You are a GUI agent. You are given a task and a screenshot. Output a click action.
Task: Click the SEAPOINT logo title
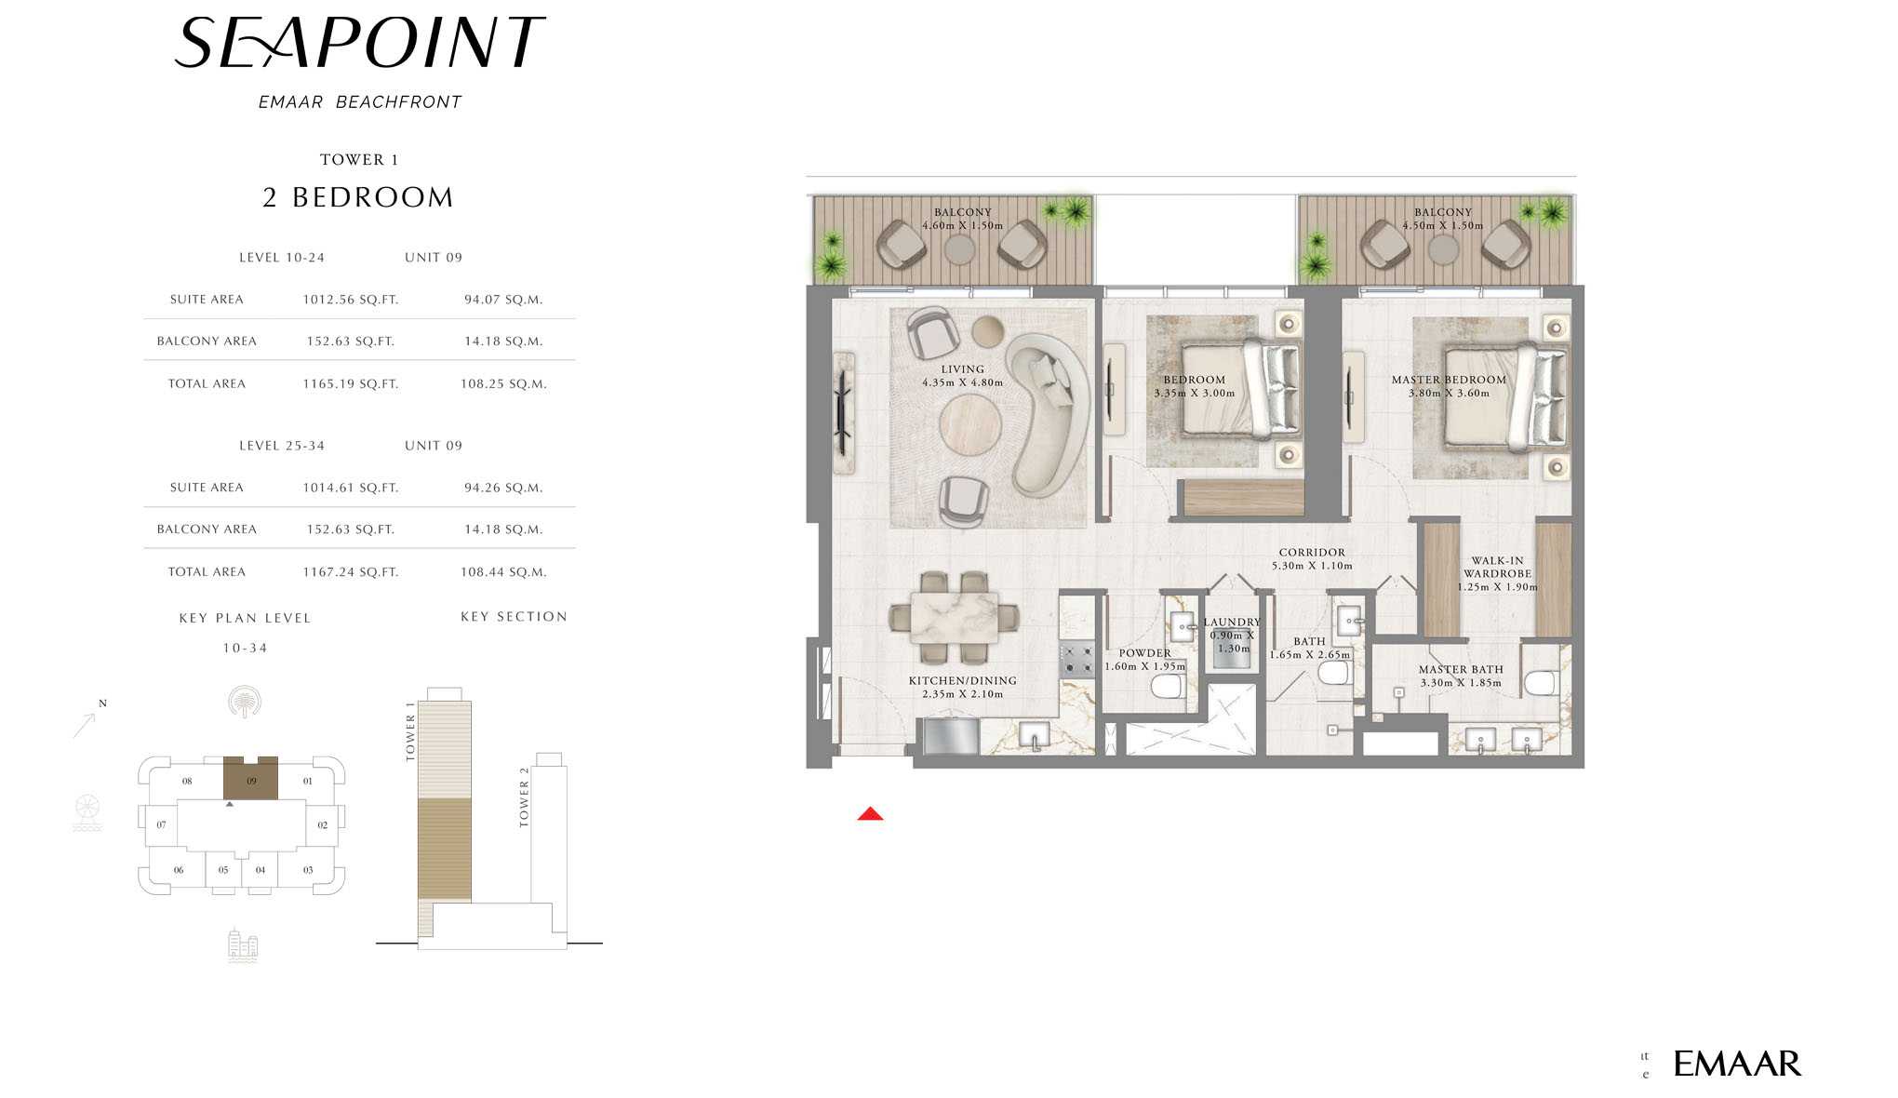point(359,43)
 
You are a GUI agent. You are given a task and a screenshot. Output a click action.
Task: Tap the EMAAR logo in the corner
point(1737,1064)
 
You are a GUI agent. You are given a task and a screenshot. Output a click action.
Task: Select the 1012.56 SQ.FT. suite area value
point(351,300)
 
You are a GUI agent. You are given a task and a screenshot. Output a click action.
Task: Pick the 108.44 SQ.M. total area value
point(503,572)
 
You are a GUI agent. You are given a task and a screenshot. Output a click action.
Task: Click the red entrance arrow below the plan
point(870,814)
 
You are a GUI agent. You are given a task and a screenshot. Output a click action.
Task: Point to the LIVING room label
point(962,369)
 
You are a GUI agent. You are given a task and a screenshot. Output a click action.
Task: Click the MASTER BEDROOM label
point(1449,380)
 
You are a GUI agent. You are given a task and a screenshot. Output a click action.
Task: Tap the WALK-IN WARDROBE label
point(1497,568)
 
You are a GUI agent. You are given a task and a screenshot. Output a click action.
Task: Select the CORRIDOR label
point(1312,553)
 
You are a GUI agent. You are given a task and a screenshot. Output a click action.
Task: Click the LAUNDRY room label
point(1232,623)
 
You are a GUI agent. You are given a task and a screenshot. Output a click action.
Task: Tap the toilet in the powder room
point(1167,688)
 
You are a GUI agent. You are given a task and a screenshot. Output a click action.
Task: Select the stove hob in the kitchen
point(1077,659)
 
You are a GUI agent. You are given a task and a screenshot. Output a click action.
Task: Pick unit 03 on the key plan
point(308,870)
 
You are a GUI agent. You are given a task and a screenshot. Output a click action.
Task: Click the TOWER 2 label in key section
point(524,797)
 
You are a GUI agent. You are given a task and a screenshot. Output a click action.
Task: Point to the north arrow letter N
point(102,703)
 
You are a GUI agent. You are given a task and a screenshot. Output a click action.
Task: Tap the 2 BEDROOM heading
point(358,197)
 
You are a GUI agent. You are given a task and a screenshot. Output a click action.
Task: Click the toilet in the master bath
point(1541,684)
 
